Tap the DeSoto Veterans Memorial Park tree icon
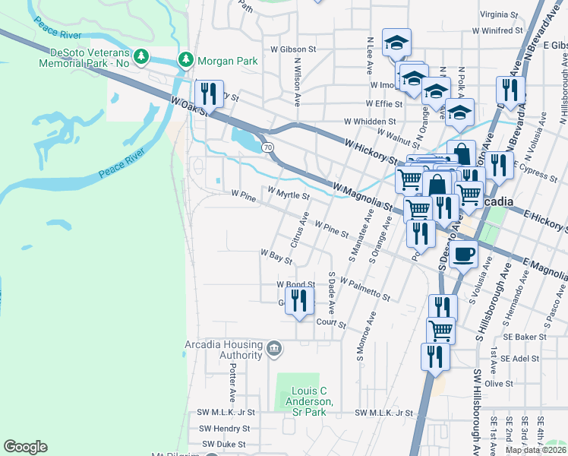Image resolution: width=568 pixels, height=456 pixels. [141, 56]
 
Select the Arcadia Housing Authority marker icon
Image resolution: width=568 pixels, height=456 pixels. [274, 350]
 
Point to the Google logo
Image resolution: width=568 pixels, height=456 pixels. [25, 448]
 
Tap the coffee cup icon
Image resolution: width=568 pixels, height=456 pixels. [462, 254]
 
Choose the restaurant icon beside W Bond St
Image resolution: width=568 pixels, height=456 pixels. [299, 299]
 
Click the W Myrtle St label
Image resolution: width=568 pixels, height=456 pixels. [288, 194]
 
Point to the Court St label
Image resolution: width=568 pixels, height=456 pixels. [331, 324]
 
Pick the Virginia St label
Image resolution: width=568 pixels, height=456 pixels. [498, 14]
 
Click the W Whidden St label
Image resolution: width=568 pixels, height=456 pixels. [370, 121]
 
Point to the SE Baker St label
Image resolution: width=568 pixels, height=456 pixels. [524, 335]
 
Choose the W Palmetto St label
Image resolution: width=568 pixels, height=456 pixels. [365, 290]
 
